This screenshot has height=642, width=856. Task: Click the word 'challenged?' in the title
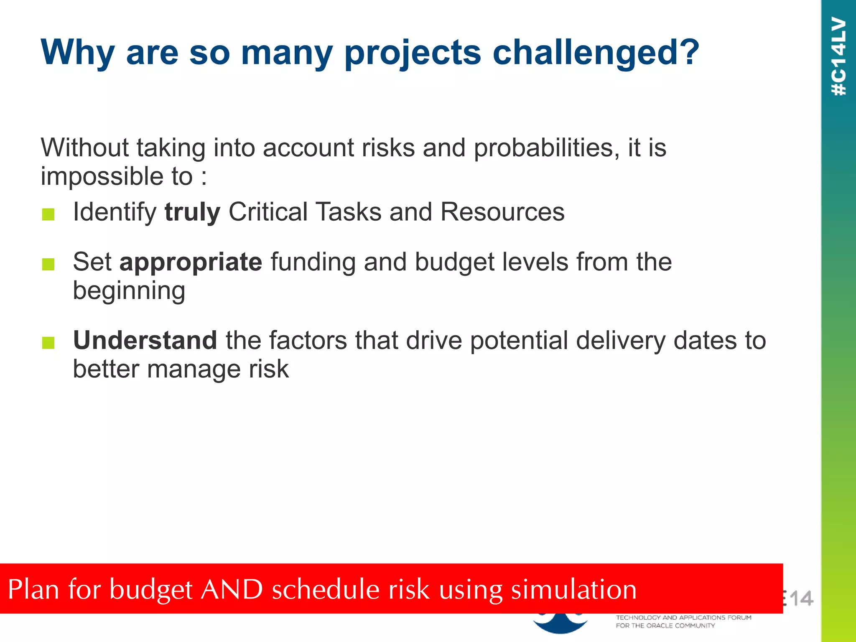[x=596, y=53]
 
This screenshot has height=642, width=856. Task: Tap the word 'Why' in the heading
[x=77, y=53]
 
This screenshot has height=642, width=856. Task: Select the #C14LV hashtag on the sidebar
[x=839, y=56]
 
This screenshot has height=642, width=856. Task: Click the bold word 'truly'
[x=192, y=212]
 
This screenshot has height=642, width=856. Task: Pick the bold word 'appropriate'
[x=191, y=263]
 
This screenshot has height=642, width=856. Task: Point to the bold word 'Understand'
[x=145, y=340]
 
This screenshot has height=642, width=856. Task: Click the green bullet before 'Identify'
[x=48, y=214]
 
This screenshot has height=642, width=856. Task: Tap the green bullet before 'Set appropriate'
[x=48, y=265]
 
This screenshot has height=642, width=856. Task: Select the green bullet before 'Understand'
[x=48, y=343]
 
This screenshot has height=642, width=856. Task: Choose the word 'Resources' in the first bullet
[x=502, y=212]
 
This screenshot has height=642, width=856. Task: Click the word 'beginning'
[x=129, y=291]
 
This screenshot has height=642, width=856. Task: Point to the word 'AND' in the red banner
[x=232, y=589]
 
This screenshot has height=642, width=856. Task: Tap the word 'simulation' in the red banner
[x=574, y=589]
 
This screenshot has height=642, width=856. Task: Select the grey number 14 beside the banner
[x=800, y=599]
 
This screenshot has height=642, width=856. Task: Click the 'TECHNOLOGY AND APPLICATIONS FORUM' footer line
[x=683, y=617]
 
